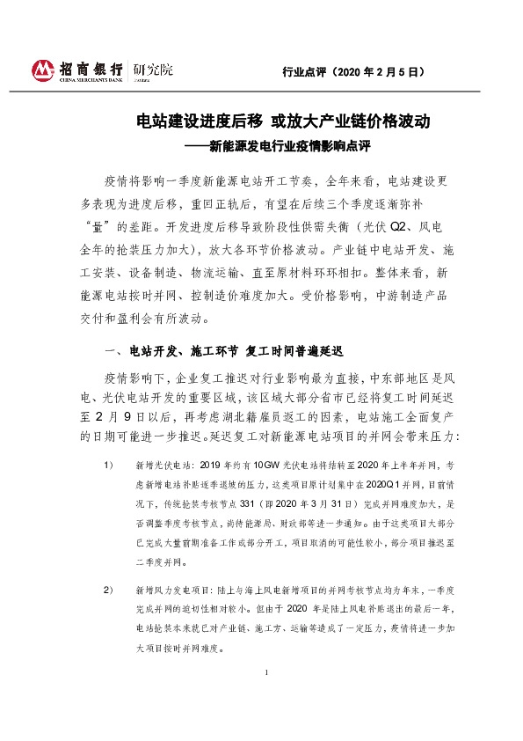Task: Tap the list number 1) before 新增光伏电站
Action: tap(109, 463)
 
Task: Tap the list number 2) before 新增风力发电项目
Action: tap(109, 588)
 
